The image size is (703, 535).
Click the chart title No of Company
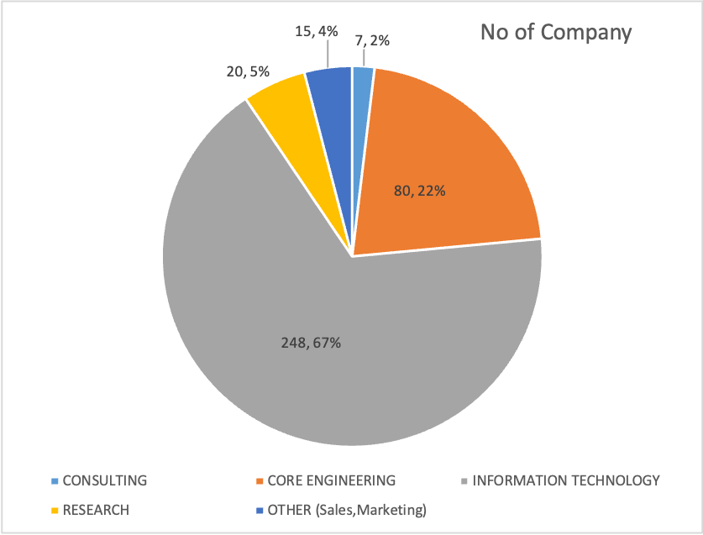(x=555, y=33)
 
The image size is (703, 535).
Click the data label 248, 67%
(x=310, y=343)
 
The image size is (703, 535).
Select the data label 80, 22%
(x=419, y=191)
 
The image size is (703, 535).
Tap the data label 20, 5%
(x=247, y=72)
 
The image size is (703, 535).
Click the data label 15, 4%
(x=317, y=31)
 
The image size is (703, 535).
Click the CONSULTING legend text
(x=105, y=480)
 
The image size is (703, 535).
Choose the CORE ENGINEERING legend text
(x=331, y=480)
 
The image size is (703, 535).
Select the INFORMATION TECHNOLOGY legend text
(x=566, y=480)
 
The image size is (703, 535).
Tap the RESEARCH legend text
(x=97, y=510)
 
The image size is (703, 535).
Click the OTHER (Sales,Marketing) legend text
(x=347, y=510)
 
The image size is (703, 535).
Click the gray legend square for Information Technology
(x=465, y=481)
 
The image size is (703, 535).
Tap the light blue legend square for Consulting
(x=55, y=481)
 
